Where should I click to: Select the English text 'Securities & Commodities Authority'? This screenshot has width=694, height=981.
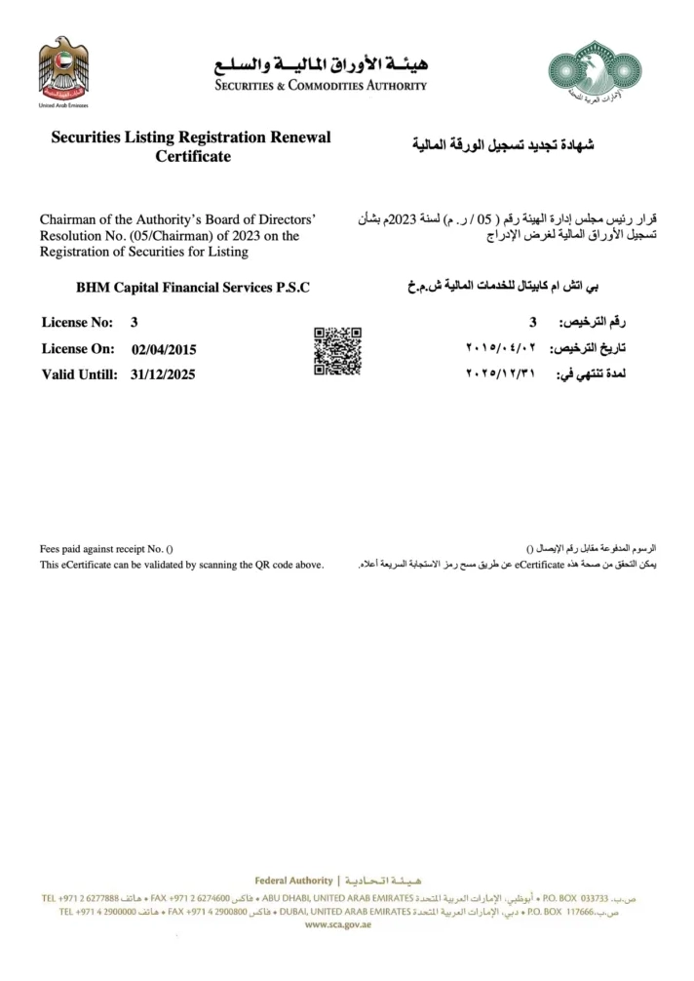point(322,86)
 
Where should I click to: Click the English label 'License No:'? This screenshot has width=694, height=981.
point(77,323)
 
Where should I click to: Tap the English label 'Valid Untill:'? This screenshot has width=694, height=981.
point(80,374)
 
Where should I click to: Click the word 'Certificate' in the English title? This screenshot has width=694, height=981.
point(193,157)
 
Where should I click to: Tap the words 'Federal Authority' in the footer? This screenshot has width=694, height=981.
point(292,882)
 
